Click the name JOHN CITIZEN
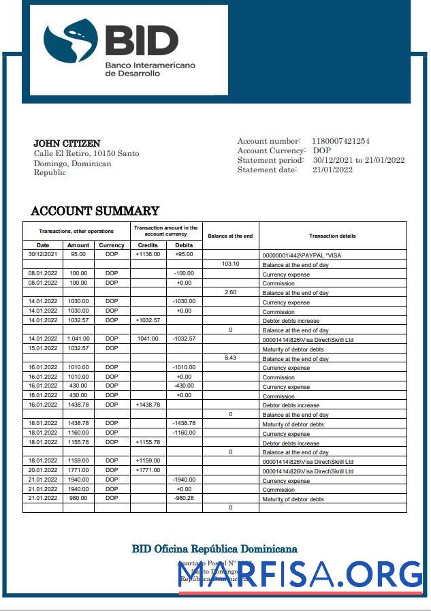[67, 144]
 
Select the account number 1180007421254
[340, 141]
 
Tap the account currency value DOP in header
[322, 151]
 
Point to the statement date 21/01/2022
[332, 170]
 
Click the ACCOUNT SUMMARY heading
[95, 211]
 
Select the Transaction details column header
[332, 236]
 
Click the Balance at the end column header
[230, 236]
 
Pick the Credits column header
[148, 245]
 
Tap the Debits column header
[184, 245]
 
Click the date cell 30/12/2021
[43, 254]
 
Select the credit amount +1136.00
[148, 254]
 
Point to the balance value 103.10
[231, 264]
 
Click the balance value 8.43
[231, 358]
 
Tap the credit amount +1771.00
[148, 471]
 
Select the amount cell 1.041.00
[78, 339]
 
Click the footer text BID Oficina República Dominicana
[214, 549]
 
